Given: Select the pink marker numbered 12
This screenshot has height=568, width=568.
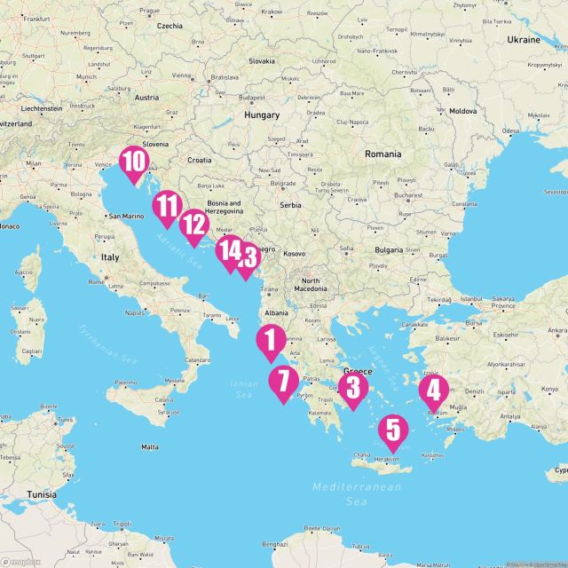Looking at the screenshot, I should tap(193, 225).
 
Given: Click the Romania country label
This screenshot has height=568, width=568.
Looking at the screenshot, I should tap(383, 154).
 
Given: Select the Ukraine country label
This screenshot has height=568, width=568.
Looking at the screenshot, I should tap(524, 40).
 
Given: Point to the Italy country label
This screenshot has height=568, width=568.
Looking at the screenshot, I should tap(109, 256).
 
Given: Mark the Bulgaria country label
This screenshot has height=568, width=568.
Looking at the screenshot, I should tap(389, 250).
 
